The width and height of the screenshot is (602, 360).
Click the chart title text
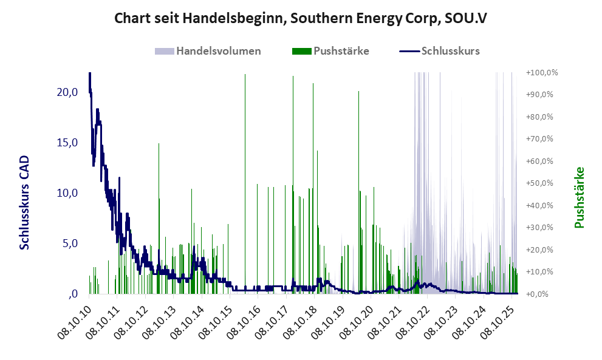coord(301,19)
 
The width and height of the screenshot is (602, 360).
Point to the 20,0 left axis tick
coord(67,92)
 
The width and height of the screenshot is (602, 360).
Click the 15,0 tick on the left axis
coord(67,143)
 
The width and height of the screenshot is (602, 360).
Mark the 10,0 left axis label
coord(67,193)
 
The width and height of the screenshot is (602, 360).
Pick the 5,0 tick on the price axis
coord(69,243)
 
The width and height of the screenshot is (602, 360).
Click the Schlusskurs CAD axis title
coord(25,202)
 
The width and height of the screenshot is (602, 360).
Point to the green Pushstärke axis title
coord(579,197)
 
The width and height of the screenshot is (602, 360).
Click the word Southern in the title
coord(320,19)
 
